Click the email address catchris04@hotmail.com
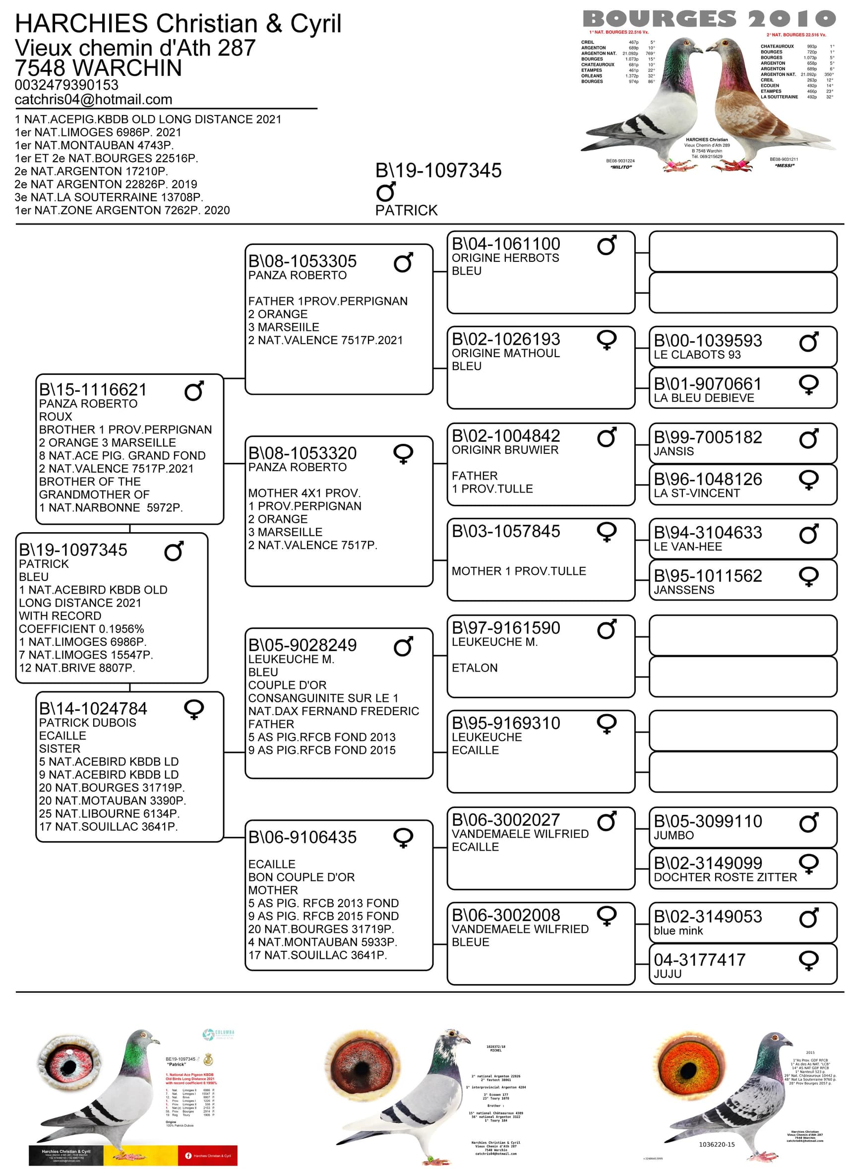point(93,99)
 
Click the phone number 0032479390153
point(66,85)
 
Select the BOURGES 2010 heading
point(708,19)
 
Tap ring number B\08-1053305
point(302,261)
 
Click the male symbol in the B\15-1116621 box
point(193,391)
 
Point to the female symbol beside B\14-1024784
point(193,709)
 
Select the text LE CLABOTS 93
point(697,355)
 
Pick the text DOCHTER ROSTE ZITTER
point(725,877)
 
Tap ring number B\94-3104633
point(707,532)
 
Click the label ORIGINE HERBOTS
point(505,257)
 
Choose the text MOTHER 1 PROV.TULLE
point(518,571)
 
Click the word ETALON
point(475,668)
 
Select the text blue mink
point(678,930)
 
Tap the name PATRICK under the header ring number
point(406,210)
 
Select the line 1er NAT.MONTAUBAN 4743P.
point(94,145)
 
